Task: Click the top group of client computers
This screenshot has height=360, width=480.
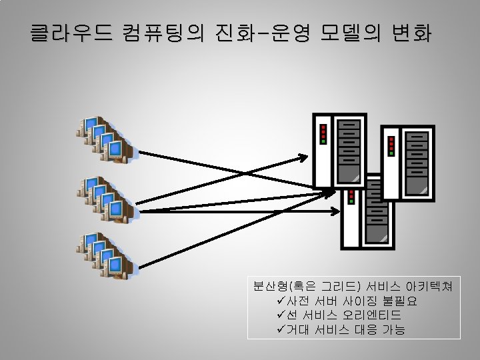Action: click(x=107, y=139)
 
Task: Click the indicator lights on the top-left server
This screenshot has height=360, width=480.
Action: click(x=323, y=133)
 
